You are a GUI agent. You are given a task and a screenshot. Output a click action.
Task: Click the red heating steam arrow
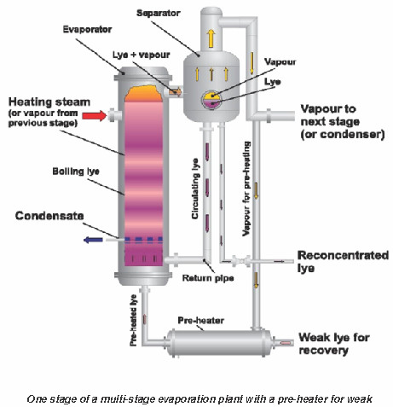coord(95,116)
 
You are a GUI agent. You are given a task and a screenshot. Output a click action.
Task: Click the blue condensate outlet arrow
coord(93,240)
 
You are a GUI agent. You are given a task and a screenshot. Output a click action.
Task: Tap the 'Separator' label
coord(159,13)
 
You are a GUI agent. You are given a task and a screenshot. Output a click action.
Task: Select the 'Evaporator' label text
coord(87,29)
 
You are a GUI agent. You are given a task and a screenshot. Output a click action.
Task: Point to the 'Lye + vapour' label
coord(142,55)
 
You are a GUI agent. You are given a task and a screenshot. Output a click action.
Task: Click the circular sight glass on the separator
coord(211,100)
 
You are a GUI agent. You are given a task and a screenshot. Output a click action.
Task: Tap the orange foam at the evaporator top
coord(143,94)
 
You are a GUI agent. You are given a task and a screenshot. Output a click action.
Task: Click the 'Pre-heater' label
coord(200,320)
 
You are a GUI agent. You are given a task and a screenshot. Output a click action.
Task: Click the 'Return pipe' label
coord(208,278)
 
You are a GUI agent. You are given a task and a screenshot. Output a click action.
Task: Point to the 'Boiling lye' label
coord(76,172)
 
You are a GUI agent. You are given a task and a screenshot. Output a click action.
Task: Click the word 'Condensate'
coord(49,216)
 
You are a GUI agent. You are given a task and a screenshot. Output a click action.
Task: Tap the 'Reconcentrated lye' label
coord(343,262)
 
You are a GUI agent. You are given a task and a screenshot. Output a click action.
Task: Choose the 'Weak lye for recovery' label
coord(334,344)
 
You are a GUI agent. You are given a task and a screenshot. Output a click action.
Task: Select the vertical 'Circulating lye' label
coord(195,189)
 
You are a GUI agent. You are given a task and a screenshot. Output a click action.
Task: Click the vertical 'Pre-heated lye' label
coord(133,321)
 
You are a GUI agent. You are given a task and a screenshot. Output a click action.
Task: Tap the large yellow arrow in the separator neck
coord(211,38)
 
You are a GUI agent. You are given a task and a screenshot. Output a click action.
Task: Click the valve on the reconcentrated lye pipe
coord(241,261)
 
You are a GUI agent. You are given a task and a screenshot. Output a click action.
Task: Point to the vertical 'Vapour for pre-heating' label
coord(246,189)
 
